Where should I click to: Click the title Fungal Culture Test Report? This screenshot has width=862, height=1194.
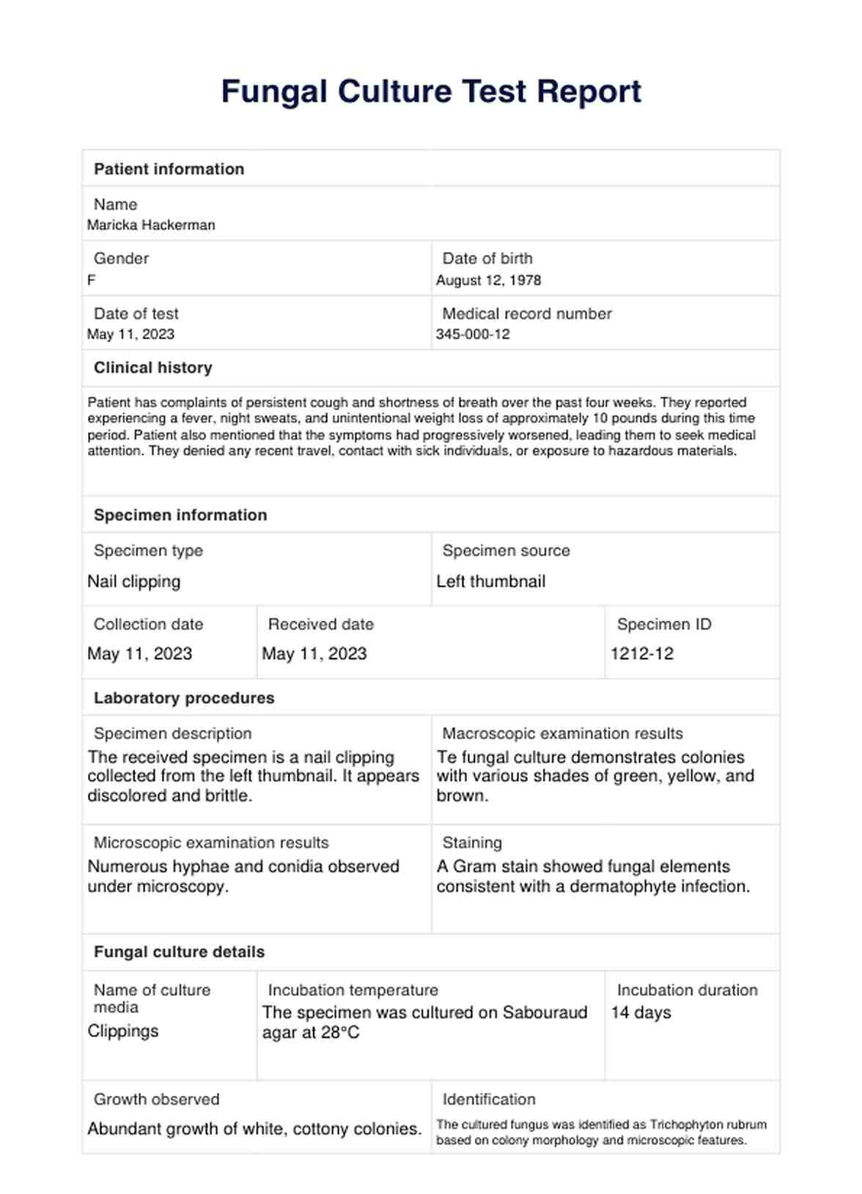point(431,92)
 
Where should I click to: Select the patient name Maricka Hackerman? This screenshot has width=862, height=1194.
point(151,226)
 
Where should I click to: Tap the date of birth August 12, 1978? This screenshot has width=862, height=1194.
point(488,281)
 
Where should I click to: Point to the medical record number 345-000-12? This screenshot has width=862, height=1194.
point(473,335)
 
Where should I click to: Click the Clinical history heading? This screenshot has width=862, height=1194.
point(152,368)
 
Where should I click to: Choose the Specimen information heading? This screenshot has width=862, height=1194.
point(180,515)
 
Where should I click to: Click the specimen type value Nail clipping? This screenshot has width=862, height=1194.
point(133,582)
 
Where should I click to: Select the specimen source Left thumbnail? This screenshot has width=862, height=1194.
point(490,582)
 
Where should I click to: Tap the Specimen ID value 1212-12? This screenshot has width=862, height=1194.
point(641,654)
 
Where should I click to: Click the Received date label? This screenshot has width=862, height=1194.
point(320,624)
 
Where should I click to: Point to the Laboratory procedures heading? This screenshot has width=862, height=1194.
point(184,698)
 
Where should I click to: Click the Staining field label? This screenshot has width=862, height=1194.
point(472,842)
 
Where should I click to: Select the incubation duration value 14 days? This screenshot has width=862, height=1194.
point(641,1013)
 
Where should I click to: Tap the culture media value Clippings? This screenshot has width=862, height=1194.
point(122,1031)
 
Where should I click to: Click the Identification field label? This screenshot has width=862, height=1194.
point(488,1100)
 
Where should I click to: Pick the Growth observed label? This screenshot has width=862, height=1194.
point(156,1100)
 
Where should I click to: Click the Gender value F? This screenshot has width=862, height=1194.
point(92,281)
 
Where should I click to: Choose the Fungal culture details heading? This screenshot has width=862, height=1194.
point(179,952)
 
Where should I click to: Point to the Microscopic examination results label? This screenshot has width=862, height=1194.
point(211,842)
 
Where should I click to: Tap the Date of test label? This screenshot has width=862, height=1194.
point(136,314)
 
